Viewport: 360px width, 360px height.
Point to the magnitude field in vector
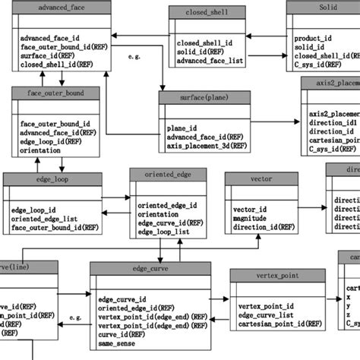tap(250, 217)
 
